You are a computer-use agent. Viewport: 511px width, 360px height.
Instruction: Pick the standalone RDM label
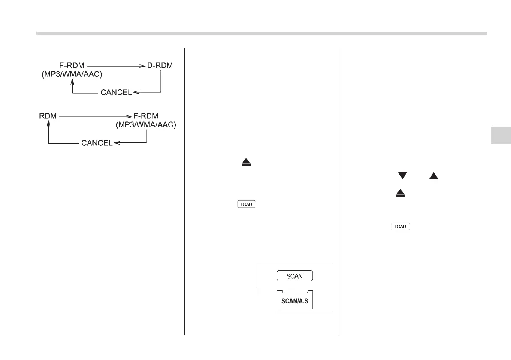(48, 116)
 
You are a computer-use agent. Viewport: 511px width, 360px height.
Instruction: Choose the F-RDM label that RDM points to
(146, 116)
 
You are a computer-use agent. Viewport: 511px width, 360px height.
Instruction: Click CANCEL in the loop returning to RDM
(97, 142)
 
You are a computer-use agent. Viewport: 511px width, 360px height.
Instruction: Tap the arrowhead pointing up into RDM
(48, 124)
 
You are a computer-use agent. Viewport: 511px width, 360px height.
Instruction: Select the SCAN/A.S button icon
(294, 300)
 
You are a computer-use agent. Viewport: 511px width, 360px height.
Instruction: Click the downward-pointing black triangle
(402, 175)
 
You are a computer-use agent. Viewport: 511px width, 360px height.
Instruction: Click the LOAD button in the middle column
(246, 205)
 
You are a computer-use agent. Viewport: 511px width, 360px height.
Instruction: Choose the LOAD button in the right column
(400, 227)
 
